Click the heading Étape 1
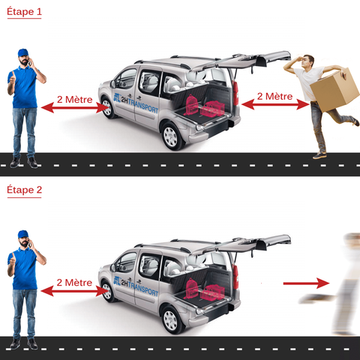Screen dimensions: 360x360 click(24, 12)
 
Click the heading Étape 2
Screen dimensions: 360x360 click(24, 190)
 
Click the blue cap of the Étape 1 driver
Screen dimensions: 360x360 click(23, 52)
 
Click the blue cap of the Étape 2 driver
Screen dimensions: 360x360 click(23, 234)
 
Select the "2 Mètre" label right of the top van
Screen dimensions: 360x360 click(274, 97)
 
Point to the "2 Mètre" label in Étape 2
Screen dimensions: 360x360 click(74, 283)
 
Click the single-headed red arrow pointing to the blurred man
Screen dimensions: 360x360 click(306, 283)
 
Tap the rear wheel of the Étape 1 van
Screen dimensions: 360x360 click(171, 136)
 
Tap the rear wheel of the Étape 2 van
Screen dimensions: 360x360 click(171, 320)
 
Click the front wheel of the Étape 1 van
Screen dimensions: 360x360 click(108, 108)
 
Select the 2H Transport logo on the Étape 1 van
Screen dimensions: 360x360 click(136, 103)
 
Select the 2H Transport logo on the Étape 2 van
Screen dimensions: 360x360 click(136, 286)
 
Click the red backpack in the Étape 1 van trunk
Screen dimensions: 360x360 click(191, 105)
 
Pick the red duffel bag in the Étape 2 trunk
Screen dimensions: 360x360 click(213, 292)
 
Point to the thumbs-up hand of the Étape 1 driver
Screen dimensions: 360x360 click(12, 79)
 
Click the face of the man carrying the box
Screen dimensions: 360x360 click(306, 61)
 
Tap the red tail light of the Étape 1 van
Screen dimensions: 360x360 click(235, 93)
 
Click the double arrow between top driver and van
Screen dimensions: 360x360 click(74, 108)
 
